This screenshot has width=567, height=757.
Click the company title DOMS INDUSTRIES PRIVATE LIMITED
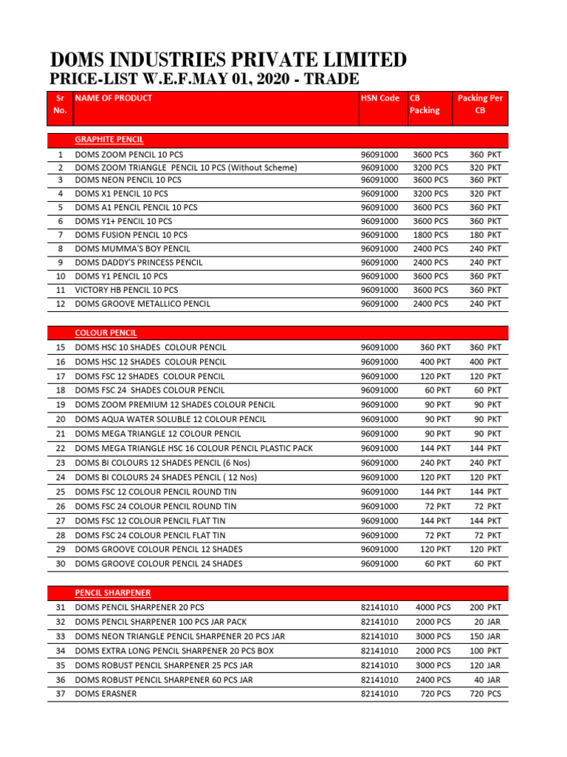click(x=227, y=60)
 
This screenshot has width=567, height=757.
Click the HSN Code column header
click(x=379, y=98)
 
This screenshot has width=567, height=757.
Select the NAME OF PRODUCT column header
click(x=114, y=98)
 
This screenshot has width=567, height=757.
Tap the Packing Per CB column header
click(x=480, y=103)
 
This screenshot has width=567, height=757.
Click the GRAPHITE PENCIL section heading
click(x=109, y=140)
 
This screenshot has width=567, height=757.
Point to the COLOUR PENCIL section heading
click(x=106, y=333)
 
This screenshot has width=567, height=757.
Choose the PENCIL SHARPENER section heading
click(x=113, y=593)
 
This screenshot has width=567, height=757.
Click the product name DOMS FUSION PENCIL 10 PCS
click(x=131, y=234)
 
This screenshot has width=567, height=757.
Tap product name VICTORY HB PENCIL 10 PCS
click(x=126, y=290)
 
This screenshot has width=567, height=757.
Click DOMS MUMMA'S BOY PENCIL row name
click(x=132, y=248)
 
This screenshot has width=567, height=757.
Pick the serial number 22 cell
click(x=61, y=448)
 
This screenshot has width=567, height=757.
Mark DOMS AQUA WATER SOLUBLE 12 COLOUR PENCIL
click(x=170, y=419)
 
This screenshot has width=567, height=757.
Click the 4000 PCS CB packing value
click(x=433, y=607)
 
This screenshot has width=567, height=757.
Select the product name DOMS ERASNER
click(x=106, y=693)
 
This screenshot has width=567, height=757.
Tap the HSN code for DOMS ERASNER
click(x=379, y=693)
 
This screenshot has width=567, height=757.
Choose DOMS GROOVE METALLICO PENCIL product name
click(x=142, y=304)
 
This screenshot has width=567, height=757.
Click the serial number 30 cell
click(x=61, y=563)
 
